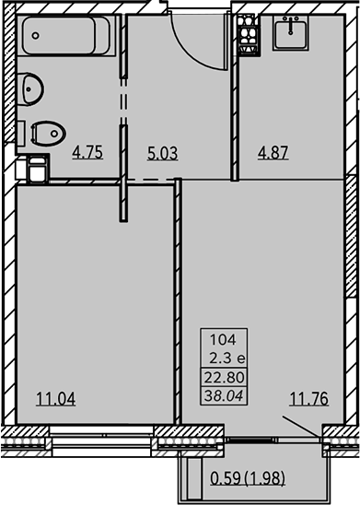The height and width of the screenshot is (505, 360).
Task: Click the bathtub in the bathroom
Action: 66,36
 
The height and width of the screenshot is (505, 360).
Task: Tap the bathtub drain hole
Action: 35,35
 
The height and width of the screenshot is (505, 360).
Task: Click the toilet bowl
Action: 48,134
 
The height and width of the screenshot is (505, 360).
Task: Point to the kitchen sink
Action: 291,33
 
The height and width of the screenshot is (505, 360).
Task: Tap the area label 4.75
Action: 87,152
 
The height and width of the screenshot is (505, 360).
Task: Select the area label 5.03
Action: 162,153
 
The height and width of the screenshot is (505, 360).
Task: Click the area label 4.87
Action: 273,152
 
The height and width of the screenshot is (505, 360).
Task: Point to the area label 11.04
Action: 56,399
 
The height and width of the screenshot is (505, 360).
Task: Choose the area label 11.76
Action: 308,398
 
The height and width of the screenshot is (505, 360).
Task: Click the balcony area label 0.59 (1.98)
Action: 248,478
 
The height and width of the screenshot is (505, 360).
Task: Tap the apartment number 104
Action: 223,339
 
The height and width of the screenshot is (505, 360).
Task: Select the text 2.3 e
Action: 227,358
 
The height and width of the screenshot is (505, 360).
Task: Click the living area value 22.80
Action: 225,377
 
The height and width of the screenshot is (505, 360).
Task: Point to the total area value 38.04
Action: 224,395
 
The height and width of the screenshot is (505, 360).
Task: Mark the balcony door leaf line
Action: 302,427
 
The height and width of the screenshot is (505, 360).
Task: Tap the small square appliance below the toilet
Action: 38,169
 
